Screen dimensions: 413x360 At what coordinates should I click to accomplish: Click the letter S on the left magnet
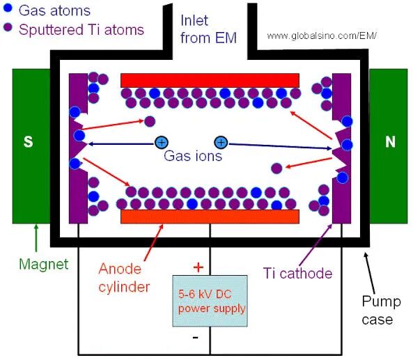28,141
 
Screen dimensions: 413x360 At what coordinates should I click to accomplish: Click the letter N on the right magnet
390,141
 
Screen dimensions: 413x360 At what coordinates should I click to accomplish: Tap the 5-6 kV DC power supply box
210,301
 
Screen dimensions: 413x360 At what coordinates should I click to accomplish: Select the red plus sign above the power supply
198,267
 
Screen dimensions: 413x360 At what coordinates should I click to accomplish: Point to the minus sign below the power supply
196,337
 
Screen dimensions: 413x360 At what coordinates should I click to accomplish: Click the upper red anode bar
210,80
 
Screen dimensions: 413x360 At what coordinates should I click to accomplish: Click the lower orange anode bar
210,217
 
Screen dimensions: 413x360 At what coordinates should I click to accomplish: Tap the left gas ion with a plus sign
161,143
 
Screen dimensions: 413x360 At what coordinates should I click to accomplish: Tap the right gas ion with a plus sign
221,143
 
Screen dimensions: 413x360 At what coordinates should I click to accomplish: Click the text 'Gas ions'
193,156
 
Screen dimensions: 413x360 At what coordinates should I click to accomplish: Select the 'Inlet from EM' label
208,29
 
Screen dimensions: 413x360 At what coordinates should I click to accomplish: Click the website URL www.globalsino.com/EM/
322,36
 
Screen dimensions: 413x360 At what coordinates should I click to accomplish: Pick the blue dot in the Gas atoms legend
8,8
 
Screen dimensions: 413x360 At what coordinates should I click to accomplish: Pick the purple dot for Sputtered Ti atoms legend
8,27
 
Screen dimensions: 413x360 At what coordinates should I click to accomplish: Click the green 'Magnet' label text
44,264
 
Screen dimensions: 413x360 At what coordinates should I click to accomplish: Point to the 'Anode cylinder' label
124,278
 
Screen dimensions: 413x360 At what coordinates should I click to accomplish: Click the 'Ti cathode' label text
297,273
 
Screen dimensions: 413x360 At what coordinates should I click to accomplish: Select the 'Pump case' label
381,311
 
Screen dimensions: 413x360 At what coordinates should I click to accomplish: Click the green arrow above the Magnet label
36,238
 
